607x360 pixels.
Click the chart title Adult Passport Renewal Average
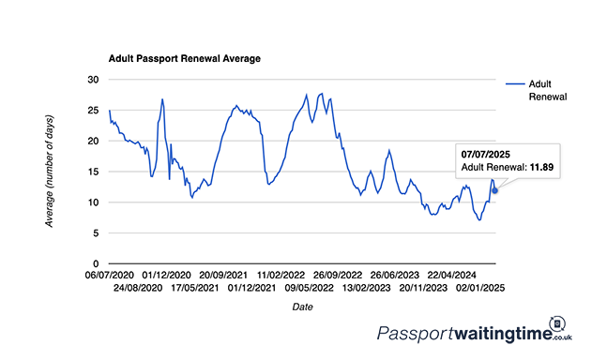tap(185, 58)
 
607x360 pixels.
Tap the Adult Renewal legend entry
tap(549, 89)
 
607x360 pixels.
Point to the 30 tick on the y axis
tap(91, 80)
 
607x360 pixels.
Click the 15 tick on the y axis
tap(91, 172)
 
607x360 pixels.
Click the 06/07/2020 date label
tap(110, 276)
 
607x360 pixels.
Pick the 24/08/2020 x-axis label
tap(139, 288)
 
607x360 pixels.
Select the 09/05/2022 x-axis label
tap(311, 288)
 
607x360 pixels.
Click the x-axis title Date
tap(303, 307)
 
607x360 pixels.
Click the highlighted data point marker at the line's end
tap(494, 190)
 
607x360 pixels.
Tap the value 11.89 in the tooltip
tap(542, 166)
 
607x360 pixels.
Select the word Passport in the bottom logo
tap(414, 334)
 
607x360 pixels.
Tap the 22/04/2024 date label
tap(455, 276)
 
